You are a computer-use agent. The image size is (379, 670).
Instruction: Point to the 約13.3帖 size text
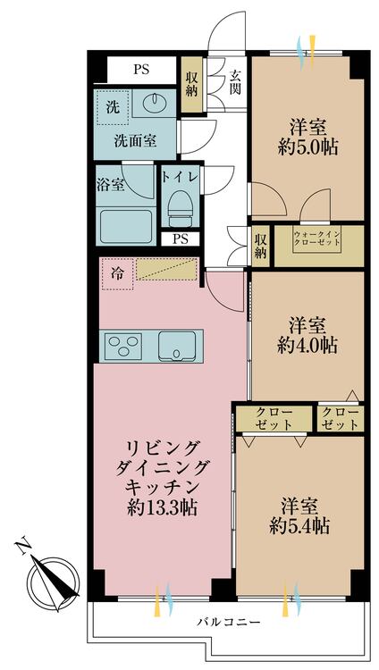(162, 508)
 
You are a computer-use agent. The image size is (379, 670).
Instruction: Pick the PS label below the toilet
(181, 239)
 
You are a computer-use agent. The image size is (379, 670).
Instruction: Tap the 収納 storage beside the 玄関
(191, 85)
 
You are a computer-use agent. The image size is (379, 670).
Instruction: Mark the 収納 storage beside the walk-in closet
(260, 246)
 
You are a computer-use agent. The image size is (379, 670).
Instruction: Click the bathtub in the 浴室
(126, 226)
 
